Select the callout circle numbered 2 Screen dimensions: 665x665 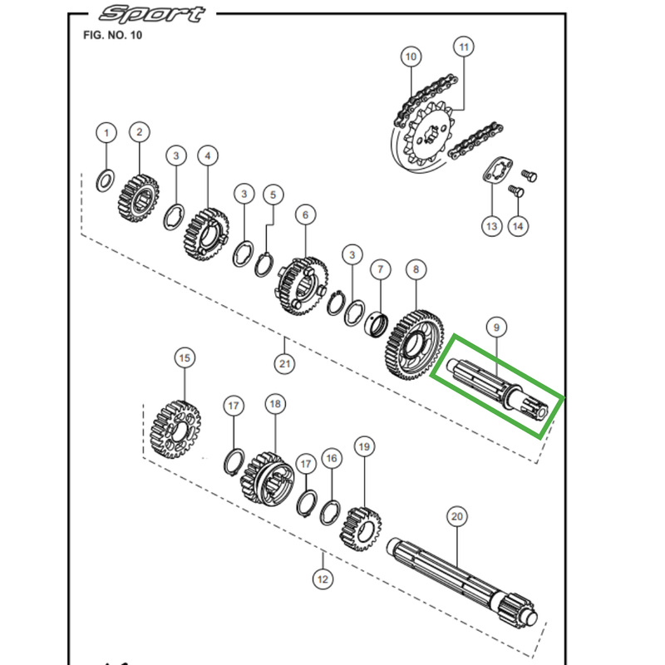[139, 131]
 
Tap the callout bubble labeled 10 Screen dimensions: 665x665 [410, 57]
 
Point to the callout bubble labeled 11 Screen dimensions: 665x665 [463, 46]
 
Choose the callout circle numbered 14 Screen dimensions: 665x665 [518, 225]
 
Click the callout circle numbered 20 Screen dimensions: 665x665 [456, 516]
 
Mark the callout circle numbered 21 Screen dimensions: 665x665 [284, 363]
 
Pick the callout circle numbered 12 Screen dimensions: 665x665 [322, 578]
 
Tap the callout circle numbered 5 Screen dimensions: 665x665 [272, 195]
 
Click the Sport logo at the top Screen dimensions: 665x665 [150, 15]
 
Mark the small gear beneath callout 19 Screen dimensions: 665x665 [359, 527]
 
